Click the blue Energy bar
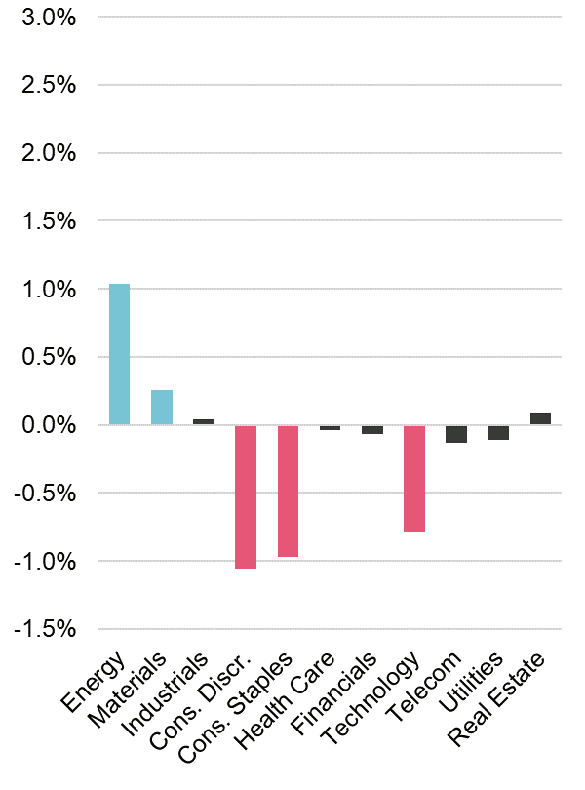[119, 354]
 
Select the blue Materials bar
[162, 408]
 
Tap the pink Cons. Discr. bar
[246, 496]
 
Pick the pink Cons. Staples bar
[288, 491]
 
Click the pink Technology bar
[414, 478]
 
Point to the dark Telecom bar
[456, 434]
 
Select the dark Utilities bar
[498, 432]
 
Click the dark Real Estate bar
[540, 418]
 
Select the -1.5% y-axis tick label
[45, 629]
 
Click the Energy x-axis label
[95, 681]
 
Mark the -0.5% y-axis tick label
[45, 494]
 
